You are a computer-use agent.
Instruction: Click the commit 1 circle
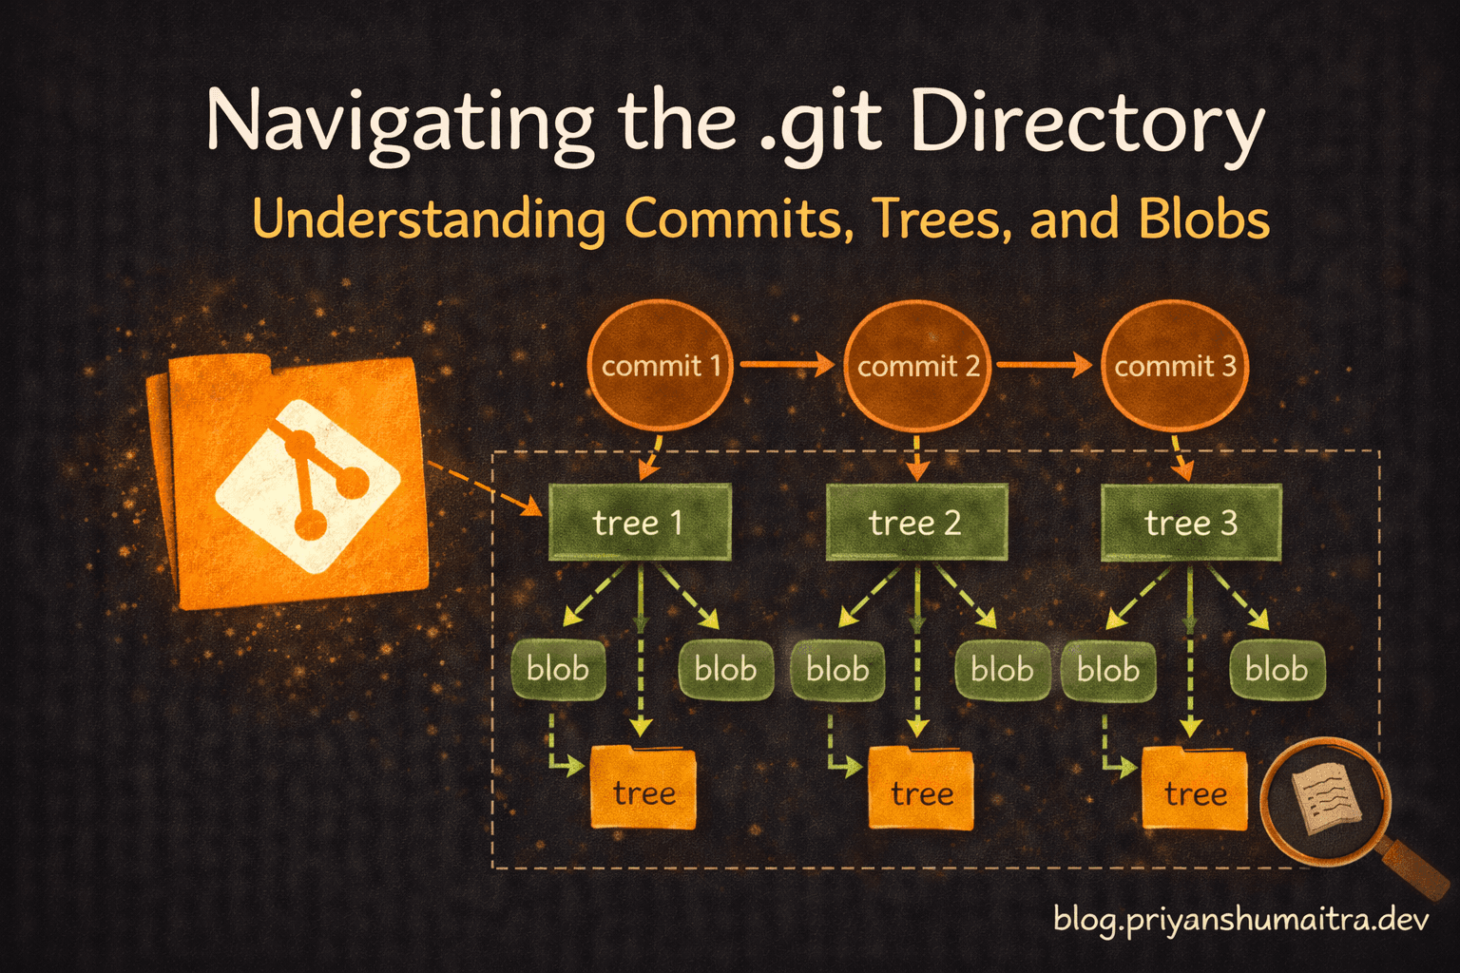[661, 365]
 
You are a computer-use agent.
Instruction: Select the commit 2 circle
[917, 365]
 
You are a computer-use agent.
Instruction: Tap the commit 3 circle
[1174, 365]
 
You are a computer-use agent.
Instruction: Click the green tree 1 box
[640, 522]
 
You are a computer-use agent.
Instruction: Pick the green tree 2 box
[916, 522]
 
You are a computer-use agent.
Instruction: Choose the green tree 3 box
[1191, 522]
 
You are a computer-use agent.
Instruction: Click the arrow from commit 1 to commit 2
[787, 364]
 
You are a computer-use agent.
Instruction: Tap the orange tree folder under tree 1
[644, 789]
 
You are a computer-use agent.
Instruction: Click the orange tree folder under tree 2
[921, 789]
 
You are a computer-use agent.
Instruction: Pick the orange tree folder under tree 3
[1195, 789]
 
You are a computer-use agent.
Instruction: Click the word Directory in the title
[1087, 124]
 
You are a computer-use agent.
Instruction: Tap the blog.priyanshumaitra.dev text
[1241, 920]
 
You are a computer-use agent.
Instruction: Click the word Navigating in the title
[399, 124]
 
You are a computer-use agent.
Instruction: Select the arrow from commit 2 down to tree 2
[917, 457]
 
